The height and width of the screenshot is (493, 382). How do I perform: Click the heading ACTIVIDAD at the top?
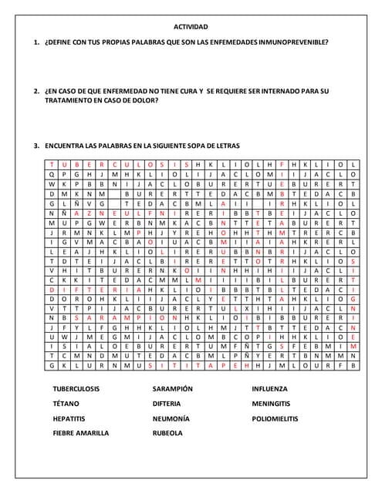coord(191,26)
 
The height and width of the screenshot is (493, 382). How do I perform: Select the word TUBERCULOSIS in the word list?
coord(76,389)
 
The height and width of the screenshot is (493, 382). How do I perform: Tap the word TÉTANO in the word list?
coord(66,404)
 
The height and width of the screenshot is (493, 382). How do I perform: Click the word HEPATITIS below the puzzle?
coord(69,418)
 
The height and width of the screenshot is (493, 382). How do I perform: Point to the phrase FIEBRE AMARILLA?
coord(81,433)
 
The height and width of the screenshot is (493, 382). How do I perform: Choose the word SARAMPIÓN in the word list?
coord(173,389)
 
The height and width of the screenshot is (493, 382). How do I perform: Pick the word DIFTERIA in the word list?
coord(167,404)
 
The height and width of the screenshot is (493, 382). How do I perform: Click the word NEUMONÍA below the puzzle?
coord(171,418)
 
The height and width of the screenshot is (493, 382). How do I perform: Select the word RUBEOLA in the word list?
coord(167,433)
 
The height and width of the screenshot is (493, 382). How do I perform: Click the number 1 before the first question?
coord(36,42)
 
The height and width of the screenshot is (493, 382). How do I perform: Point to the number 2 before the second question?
coord(36,91)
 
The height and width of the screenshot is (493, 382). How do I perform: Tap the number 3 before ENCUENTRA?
coord(36,146)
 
